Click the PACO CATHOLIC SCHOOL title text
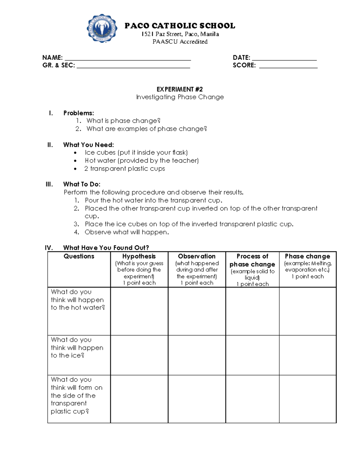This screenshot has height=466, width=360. pyautogui.click(x=180, y=26)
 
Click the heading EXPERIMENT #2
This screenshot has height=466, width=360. pyautogui.click(x=180, y=89)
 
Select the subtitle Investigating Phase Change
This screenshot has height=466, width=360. pyautogui.click(x=180, y=97)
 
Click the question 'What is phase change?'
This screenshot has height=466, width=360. pyautogui.click(x=123, y=121)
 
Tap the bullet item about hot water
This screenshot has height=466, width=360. pyautogui.click(x=142, y=161)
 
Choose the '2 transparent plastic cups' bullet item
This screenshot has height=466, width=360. pyautogui.click(x=124, y=169)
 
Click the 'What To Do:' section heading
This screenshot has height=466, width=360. pyautogui.click(x=82, y=184)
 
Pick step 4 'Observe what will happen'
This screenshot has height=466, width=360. pyautogui.click(x=127, y=232)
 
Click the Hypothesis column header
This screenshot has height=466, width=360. pyautogui.click(x=139, y=256)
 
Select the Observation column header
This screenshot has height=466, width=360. pyautogui.click(x=197, y=256)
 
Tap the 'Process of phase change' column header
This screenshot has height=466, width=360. pyautogui.click(x=252, y=260)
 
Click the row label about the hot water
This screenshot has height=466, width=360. pyautogui.click(x=78, y=299)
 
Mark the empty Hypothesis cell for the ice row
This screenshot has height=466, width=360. pyautogui.click(x=139, y=355)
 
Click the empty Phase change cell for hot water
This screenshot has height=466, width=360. pyautogui.click(x=307, y=311)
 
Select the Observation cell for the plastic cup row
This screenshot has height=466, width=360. pyautogui.click(x=197, y=399)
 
